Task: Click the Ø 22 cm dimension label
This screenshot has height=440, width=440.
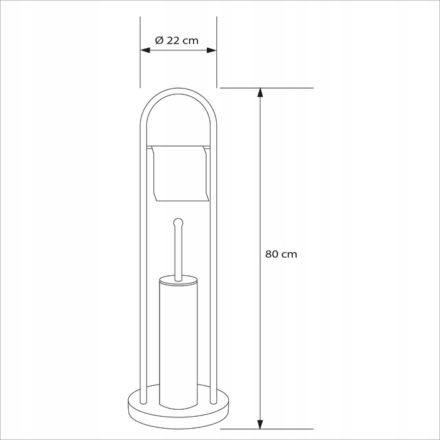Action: (177, 40)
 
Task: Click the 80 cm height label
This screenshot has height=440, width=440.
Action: (281, 254)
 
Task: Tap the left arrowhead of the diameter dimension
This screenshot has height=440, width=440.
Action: (145, 50)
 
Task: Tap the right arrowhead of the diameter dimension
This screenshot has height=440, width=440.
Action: (212, 50)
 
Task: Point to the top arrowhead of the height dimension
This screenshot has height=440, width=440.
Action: (260, 92)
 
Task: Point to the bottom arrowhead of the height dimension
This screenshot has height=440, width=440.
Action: (260, 424)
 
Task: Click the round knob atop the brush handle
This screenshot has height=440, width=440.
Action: (178, 223)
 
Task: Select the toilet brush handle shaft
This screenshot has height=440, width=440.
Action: (178, 253)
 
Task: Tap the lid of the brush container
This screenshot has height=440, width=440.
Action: (178, 280)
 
